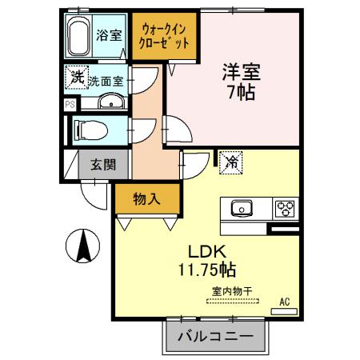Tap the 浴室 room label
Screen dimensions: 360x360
[x=109, y=35]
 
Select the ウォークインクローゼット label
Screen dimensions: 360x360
[x=164, y=37]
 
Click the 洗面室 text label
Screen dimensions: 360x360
[x=106, y=81]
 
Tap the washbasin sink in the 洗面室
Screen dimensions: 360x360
[x=110, y=102]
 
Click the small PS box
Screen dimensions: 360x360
[x=70, y=103]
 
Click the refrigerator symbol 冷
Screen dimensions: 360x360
[x=231, y=162]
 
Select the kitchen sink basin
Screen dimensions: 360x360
[x=242, y=209]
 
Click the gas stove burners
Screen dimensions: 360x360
[x=284, y=209]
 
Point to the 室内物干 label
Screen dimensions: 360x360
[x=231, y=291]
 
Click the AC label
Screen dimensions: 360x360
[x=284, y=302]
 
